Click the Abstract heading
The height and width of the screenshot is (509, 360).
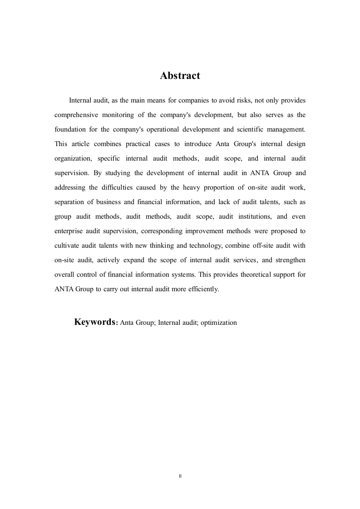pyautogui.click(x=180, y=76)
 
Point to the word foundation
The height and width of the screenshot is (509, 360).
pyautogui.click(x=69, y=129)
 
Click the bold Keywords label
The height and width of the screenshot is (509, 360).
pyautogui.click(x=95, y=322)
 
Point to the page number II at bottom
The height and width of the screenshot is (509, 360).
pyautogui.click(x=180, y=476)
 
